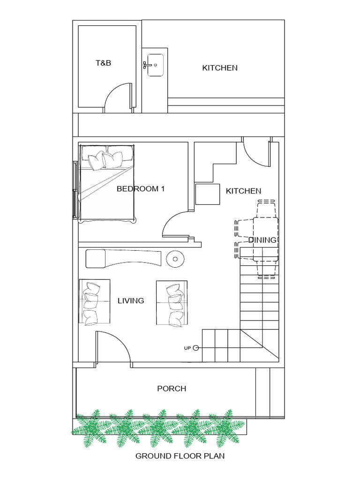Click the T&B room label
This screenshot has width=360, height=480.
(x=104, y=63)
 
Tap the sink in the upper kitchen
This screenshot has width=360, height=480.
(x=154, y=65)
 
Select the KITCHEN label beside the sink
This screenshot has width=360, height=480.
(x=219, y=68)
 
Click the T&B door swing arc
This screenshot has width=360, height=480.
(x=115, y=96)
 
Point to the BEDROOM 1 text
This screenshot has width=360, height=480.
(x=141, y=189)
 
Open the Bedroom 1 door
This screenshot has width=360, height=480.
(x=174, y=224)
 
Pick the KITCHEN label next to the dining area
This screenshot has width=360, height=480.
(x=243, y=191)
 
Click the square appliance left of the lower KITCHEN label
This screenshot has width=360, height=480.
(x=208, y=194)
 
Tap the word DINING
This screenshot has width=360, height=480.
(x=262, y=240)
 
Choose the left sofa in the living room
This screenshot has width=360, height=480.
(x=95, y=302)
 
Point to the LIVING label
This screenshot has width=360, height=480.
(x=131, y=300)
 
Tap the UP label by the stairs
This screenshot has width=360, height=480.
(x=187, y=348)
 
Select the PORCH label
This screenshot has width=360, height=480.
(x=172, y=389)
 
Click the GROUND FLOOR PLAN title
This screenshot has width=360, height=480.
(x=180, y=456)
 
